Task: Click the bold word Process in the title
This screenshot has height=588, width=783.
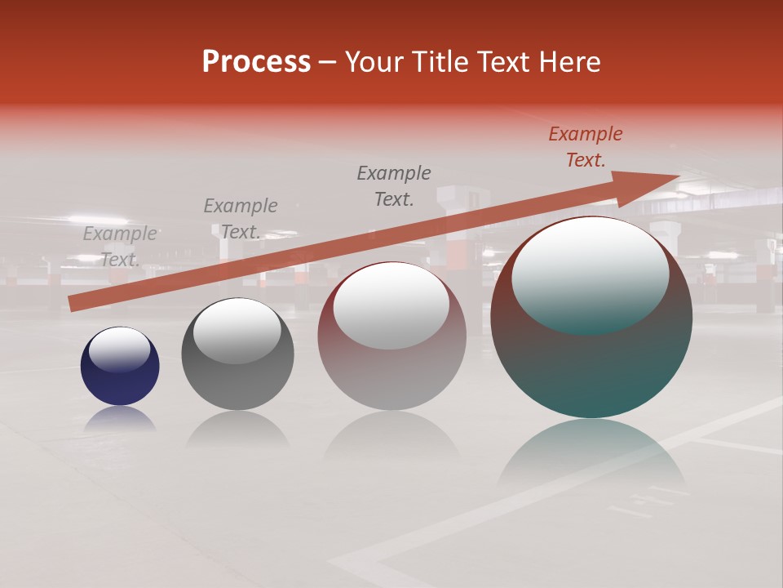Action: (x=256, y=62)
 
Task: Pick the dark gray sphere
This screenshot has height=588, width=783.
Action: (x=237, y=384)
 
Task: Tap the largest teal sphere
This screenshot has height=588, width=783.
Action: (x=591, y=367)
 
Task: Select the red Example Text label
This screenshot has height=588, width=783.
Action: (x=586, y=147)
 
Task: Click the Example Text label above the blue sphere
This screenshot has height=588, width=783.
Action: (x=120, y=246)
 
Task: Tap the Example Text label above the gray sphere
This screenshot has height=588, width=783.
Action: (x=240, y=218)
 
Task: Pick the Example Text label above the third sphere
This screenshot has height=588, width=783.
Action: (x=394, y=185)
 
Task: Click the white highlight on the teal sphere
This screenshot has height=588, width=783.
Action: (x=590, y=274)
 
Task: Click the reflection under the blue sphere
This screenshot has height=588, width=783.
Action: (x=120, y=420)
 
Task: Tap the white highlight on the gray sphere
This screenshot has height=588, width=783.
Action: (x=237, y=331)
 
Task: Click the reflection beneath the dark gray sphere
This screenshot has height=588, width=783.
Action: (x=237, y=428)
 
